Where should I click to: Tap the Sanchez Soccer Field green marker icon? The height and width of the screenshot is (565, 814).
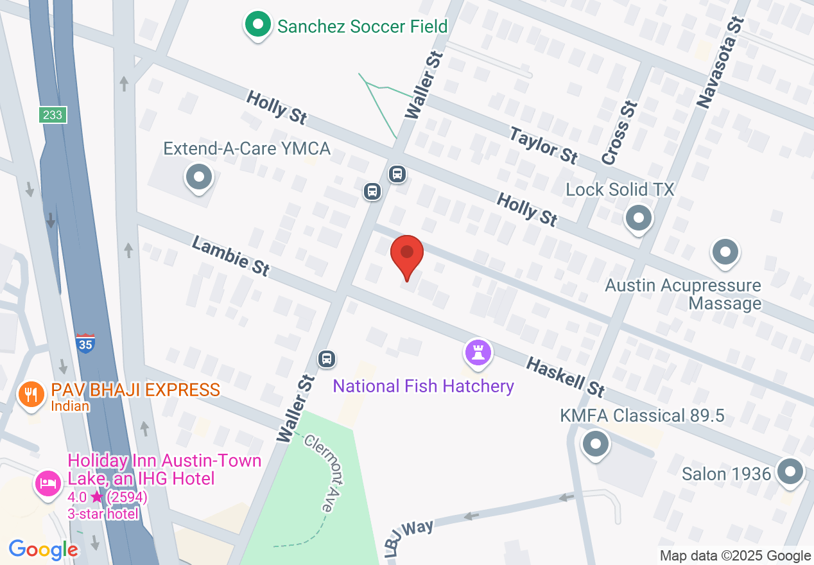point(258,26)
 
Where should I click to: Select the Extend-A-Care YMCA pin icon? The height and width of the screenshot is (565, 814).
point(198,177)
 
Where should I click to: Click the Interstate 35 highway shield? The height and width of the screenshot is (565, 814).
point(85,343)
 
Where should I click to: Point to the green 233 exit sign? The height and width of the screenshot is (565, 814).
point(53,115)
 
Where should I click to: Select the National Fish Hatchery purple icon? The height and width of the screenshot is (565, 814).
point(478,352)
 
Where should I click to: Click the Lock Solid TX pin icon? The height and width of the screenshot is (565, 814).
point(638,218)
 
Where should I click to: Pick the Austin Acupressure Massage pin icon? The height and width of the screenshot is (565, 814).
point(725,252)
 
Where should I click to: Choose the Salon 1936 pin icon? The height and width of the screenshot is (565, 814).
point(790,473)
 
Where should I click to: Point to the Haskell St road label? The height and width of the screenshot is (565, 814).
point(566,377)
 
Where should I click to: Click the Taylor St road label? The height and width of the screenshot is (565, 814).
point(544,145)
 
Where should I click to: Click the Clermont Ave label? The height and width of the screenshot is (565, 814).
point(319,473)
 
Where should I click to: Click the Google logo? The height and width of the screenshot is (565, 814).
point(44,550)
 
